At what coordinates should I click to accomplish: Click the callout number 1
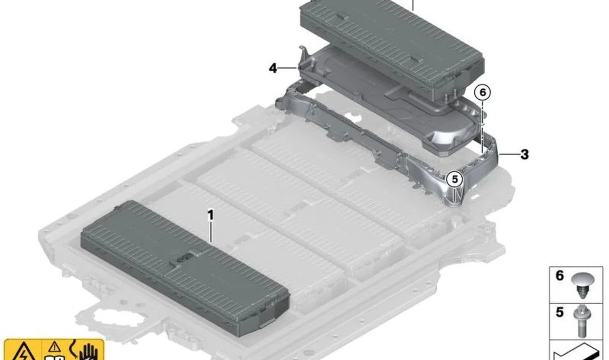[210, 216]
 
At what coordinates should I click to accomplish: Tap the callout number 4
[273, 68]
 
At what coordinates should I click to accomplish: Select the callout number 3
[525, 155]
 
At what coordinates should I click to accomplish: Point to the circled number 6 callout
[483, 92]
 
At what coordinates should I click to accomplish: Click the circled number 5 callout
[455, 179]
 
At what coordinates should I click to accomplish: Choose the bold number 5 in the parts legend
[560, 312]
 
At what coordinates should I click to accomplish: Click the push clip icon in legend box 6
[582, 285]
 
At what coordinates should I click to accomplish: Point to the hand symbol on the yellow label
[88, 352]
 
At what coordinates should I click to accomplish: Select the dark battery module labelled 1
[185, 268]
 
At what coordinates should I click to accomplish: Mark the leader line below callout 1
[210, 233]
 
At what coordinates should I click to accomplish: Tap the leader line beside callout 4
[288, 68]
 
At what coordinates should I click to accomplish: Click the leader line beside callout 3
[509, 155]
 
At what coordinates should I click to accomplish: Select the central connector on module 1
[185, 257]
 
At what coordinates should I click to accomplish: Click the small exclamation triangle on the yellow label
[55, 347]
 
